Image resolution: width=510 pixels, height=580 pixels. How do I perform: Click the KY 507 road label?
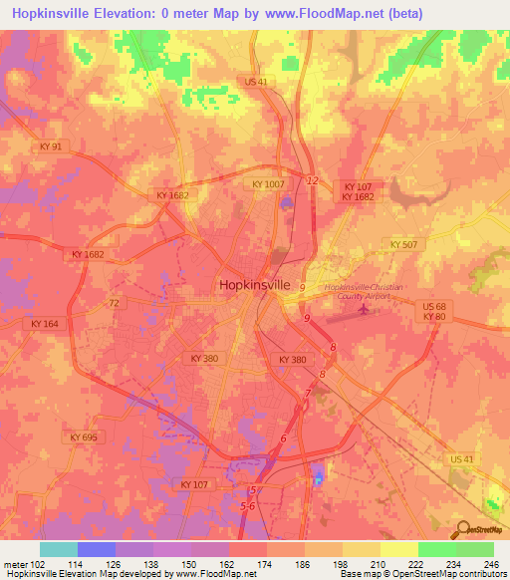click(x=404, y=243)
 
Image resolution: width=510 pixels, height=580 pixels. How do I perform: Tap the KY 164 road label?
click(x=44, y=324)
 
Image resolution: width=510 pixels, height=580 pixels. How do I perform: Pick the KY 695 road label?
click(x=84, y=436)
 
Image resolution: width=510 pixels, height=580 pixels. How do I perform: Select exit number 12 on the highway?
click(x=313, y=180)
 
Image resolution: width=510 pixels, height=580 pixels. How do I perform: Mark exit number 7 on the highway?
click(x=307, y=393)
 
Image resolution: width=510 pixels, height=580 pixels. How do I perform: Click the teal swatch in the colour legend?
click(x=59, y=549)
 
